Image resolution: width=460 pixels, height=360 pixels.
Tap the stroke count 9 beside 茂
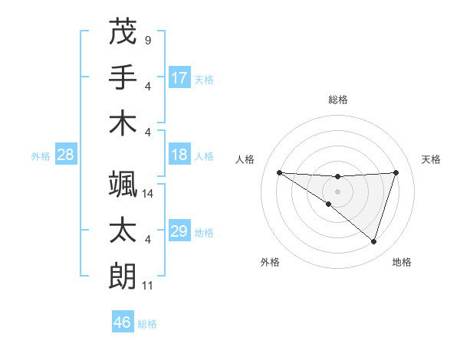[x=147, y=39]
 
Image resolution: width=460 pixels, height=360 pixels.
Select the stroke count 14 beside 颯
[x=149, y=194]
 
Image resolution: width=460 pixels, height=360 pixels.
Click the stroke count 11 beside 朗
[x=149, y=286]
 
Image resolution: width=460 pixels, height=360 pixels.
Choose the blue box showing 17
[x=179, y=77]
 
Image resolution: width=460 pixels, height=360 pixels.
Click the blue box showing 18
[x=179, y=155]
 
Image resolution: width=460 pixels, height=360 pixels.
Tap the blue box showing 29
[x=179, y=231]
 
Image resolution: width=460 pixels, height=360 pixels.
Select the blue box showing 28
[x=66, y=155]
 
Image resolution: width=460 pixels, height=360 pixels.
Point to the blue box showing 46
[x=123, y=322]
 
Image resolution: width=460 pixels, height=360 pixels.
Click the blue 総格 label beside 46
[x=147, y=323]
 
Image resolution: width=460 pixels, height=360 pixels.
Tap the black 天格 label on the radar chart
[x=432, y=159]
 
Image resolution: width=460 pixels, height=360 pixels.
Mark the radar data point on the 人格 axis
[x=279, y=172]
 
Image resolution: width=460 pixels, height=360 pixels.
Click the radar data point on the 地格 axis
[x=374, y=241]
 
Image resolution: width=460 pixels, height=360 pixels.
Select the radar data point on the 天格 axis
[x=396, y=172]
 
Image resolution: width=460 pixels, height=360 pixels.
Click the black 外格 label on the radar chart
[x=270, y=262]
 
